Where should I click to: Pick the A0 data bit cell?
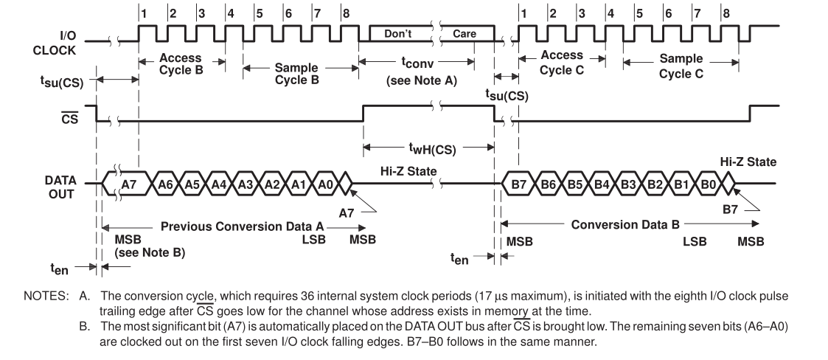[x=325, y=181]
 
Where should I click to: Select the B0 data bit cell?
[x=707, y=181]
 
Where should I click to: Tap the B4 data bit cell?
[x=602, y=181]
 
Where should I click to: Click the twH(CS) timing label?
[x=428, y=149]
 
